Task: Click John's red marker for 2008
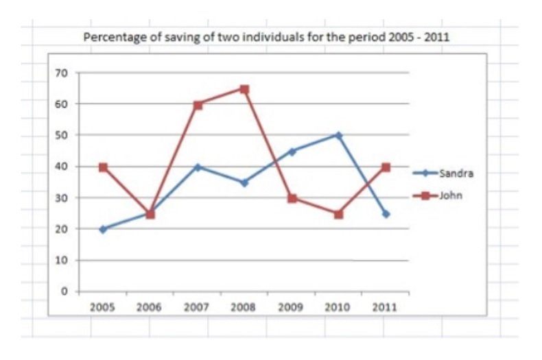[244, 89]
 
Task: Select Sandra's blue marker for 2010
[338, 135]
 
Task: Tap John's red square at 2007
[198, 105]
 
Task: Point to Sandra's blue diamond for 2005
[103, 229]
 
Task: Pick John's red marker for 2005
[103, 167]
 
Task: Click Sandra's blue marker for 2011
[386, 214]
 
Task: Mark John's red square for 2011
[386, 167]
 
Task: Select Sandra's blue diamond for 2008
[244, 182]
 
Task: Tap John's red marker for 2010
[338, 214]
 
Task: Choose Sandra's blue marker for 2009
[292, 152]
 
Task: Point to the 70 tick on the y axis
[61, 73]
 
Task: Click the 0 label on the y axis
[64, 291]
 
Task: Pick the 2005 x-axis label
[103, 307]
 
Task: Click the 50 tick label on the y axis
[61, 135]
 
